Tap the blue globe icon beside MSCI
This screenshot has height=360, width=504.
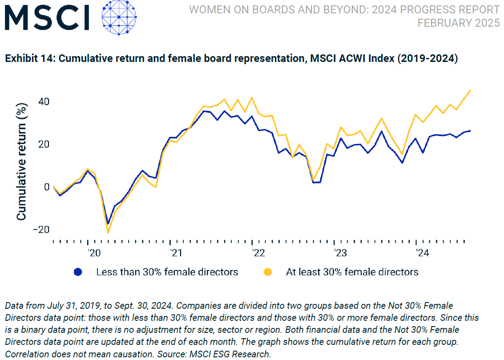[118, 18]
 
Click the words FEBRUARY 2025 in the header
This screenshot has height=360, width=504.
[458, 23]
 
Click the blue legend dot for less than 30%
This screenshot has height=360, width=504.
[78, 272]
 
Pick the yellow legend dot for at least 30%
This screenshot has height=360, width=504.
[268, 272]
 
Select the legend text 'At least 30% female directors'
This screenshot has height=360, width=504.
[352, 272]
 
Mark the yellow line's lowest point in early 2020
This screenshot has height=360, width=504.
[108, 232]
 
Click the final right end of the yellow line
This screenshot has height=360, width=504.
[470, 90]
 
